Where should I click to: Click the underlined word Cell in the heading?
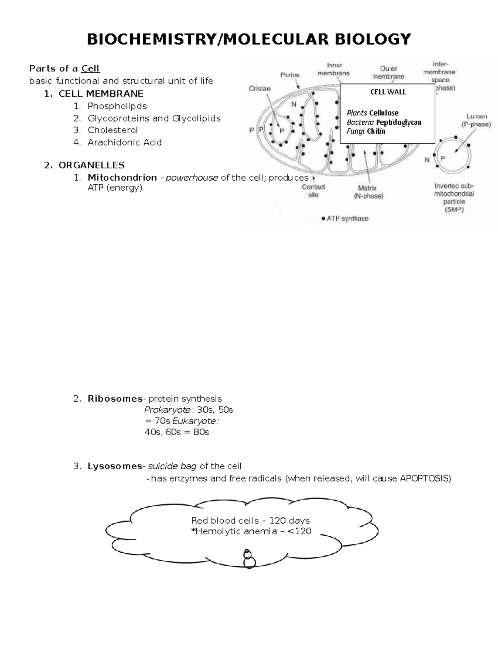[x=90, y=69]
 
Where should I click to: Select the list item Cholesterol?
[x=112, y=130]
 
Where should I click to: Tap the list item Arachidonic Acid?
[x=124, y=142]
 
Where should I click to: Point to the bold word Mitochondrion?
[x=122, y=178]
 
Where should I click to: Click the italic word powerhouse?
[x=192, y=178]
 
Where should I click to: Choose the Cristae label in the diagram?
[x=259, y=88]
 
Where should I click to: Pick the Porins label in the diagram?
[x=290, y=75]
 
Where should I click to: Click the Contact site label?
[x=313, y=191]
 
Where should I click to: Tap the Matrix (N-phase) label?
[x=368, y=192]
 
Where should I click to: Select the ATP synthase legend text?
[x=347, y=218]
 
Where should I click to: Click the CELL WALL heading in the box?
[x=388, y=92]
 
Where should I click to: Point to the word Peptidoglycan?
[x=398, y=122]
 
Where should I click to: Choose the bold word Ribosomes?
[x=115, y=399]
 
